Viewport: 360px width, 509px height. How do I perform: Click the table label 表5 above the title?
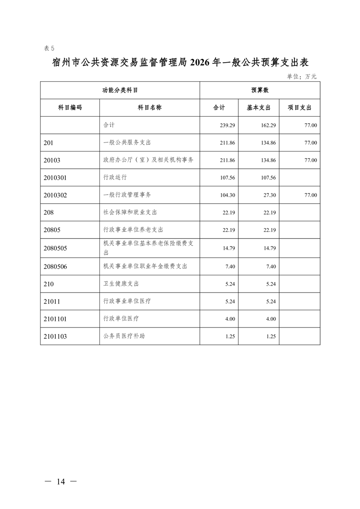[x=49, y=49]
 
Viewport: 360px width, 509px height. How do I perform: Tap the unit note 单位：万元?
[x=301, y=76]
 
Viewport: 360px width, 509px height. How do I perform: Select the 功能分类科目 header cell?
[x=120, y=90]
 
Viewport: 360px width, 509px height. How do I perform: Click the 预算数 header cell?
[x=260, y=90]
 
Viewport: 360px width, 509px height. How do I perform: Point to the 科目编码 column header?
[x=70, y=108]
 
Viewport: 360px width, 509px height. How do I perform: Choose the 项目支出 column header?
[x=300, y=108]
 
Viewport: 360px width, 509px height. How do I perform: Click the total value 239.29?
[x=227, y=125]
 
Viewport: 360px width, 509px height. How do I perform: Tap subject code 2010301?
[x=56, y=177]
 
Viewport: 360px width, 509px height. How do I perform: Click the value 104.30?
[x=227, y=195]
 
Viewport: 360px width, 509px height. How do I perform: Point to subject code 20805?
[x=52, y=230]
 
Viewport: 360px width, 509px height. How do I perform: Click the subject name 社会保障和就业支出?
[x=130, y=212]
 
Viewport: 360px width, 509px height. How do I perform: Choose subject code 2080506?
[x=56, y=266]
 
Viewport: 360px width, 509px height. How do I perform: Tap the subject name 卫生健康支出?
[x=121, y=284]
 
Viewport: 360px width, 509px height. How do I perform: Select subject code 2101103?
[x=56, y=337]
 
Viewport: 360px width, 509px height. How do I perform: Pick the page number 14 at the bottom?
[x=61, y=482]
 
